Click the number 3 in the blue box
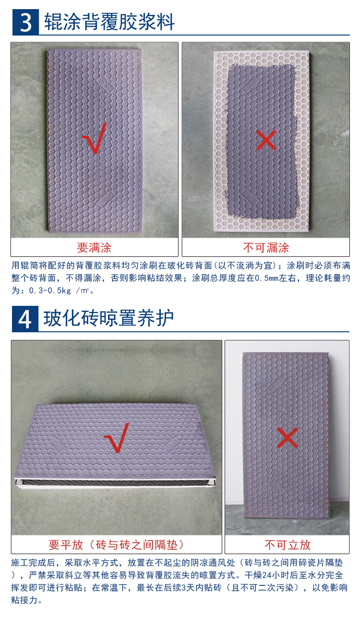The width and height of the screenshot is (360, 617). [x=25, y=22]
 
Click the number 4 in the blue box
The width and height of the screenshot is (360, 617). [x=25, y=318]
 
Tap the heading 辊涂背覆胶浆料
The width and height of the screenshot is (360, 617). [x=109, y=22]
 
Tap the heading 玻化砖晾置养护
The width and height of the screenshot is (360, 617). [x=109, y=318]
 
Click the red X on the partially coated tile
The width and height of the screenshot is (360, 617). [x=266, y=141]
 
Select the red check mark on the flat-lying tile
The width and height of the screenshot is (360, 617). [x=117, y=437]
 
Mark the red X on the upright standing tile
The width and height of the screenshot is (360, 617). [x=287, y=437]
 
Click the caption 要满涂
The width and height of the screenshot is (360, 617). [x=94, y=248]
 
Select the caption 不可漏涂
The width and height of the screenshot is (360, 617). [x=266, y=248]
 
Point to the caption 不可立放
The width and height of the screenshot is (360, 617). [x=287, y=544]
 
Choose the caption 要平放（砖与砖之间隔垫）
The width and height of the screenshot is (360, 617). [x=116, y=544]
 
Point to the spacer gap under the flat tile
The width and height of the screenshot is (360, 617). [x=115, y=482]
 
